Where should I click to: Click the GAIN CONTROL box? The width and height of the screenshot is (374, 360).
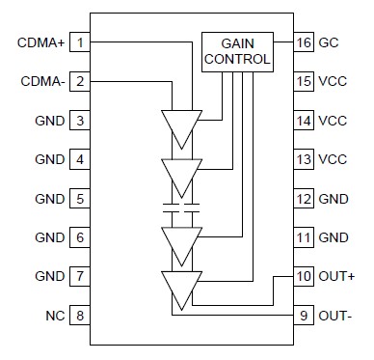236,51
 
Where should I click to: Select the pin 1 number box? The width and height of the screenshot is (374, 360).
81,42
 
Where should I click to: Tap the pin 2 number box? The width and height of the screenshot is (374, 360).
81,82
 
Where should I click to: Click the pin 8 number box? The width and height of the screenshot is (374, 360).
81,316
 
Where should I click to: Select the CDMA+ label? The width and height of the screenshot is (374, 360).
41,42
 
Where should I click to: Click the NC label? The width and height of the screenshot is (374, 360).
54,316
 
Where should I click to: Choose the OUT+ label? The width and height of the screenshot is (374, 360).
337,277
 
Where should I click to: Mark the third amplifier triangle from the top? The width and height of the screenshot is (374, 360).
181,241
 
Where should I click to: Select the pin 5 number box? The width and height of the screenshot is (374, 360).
81,199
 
